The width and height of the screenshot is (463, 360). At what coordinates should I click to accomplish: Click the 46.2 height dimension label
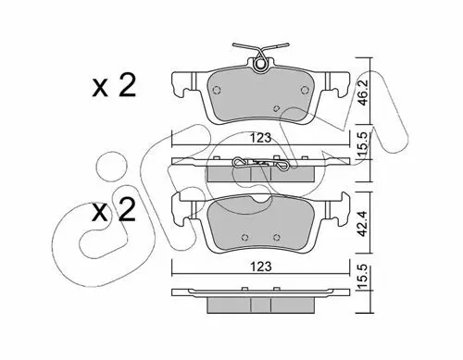pyautogui.click(x=364, y=92)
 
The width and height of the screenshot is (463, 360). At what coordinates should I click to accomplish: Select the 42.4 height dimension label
pyautogui.click(x=364, y=222)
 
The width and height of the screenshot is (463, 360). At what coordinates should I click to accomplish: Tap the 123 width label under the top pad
pyautogui.click(x=260, y=138)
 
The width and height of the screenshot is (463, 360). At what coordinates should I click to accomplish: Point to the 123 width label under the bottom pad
pyautogui.click(x=260, y=267)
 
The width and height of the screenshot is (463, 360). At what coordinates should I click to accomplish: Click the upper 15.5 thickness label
pyautogui.click(x=364, y=144)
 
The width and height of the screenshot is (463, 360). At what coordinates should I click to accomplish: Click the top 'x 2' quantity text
pyautogui.click(x=114, y=86)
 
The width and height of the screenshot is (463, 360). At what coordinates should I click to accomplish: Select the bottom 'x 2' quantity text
pyautogui.click(x=114, y=210)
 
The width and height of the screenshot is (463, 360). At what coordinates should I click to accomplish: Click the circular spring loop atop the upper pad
pyautogui.click(x=260, y=65)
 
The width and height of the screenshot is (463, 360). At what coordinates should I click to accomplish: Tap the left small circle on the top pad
pyautogui.click(x=217, y=90)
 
